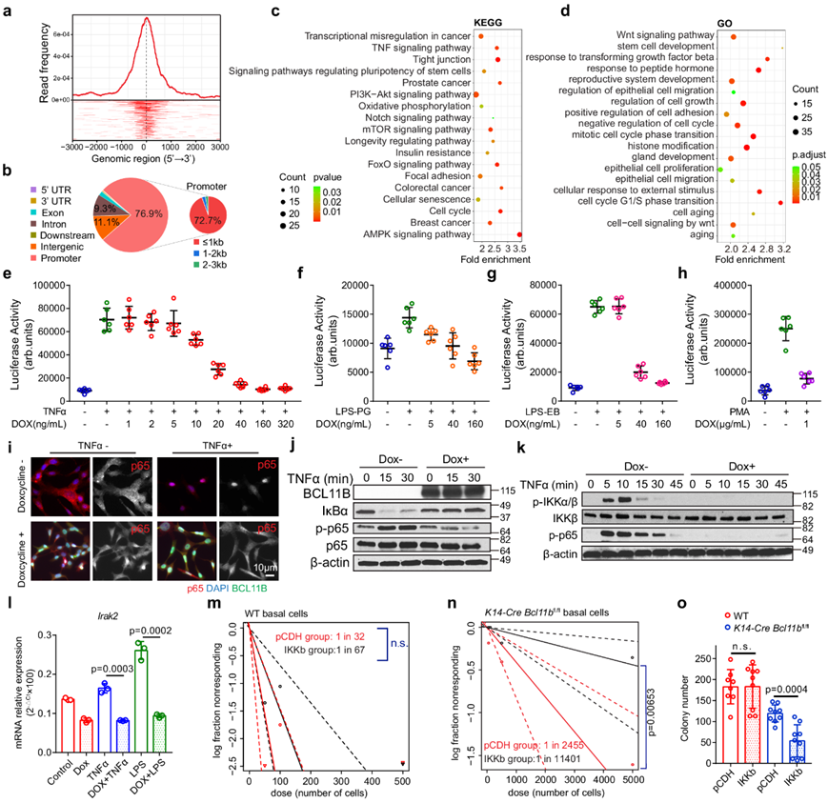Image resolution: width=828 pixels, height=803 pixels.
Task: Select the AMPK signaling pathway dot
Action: tap(520, 234)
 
